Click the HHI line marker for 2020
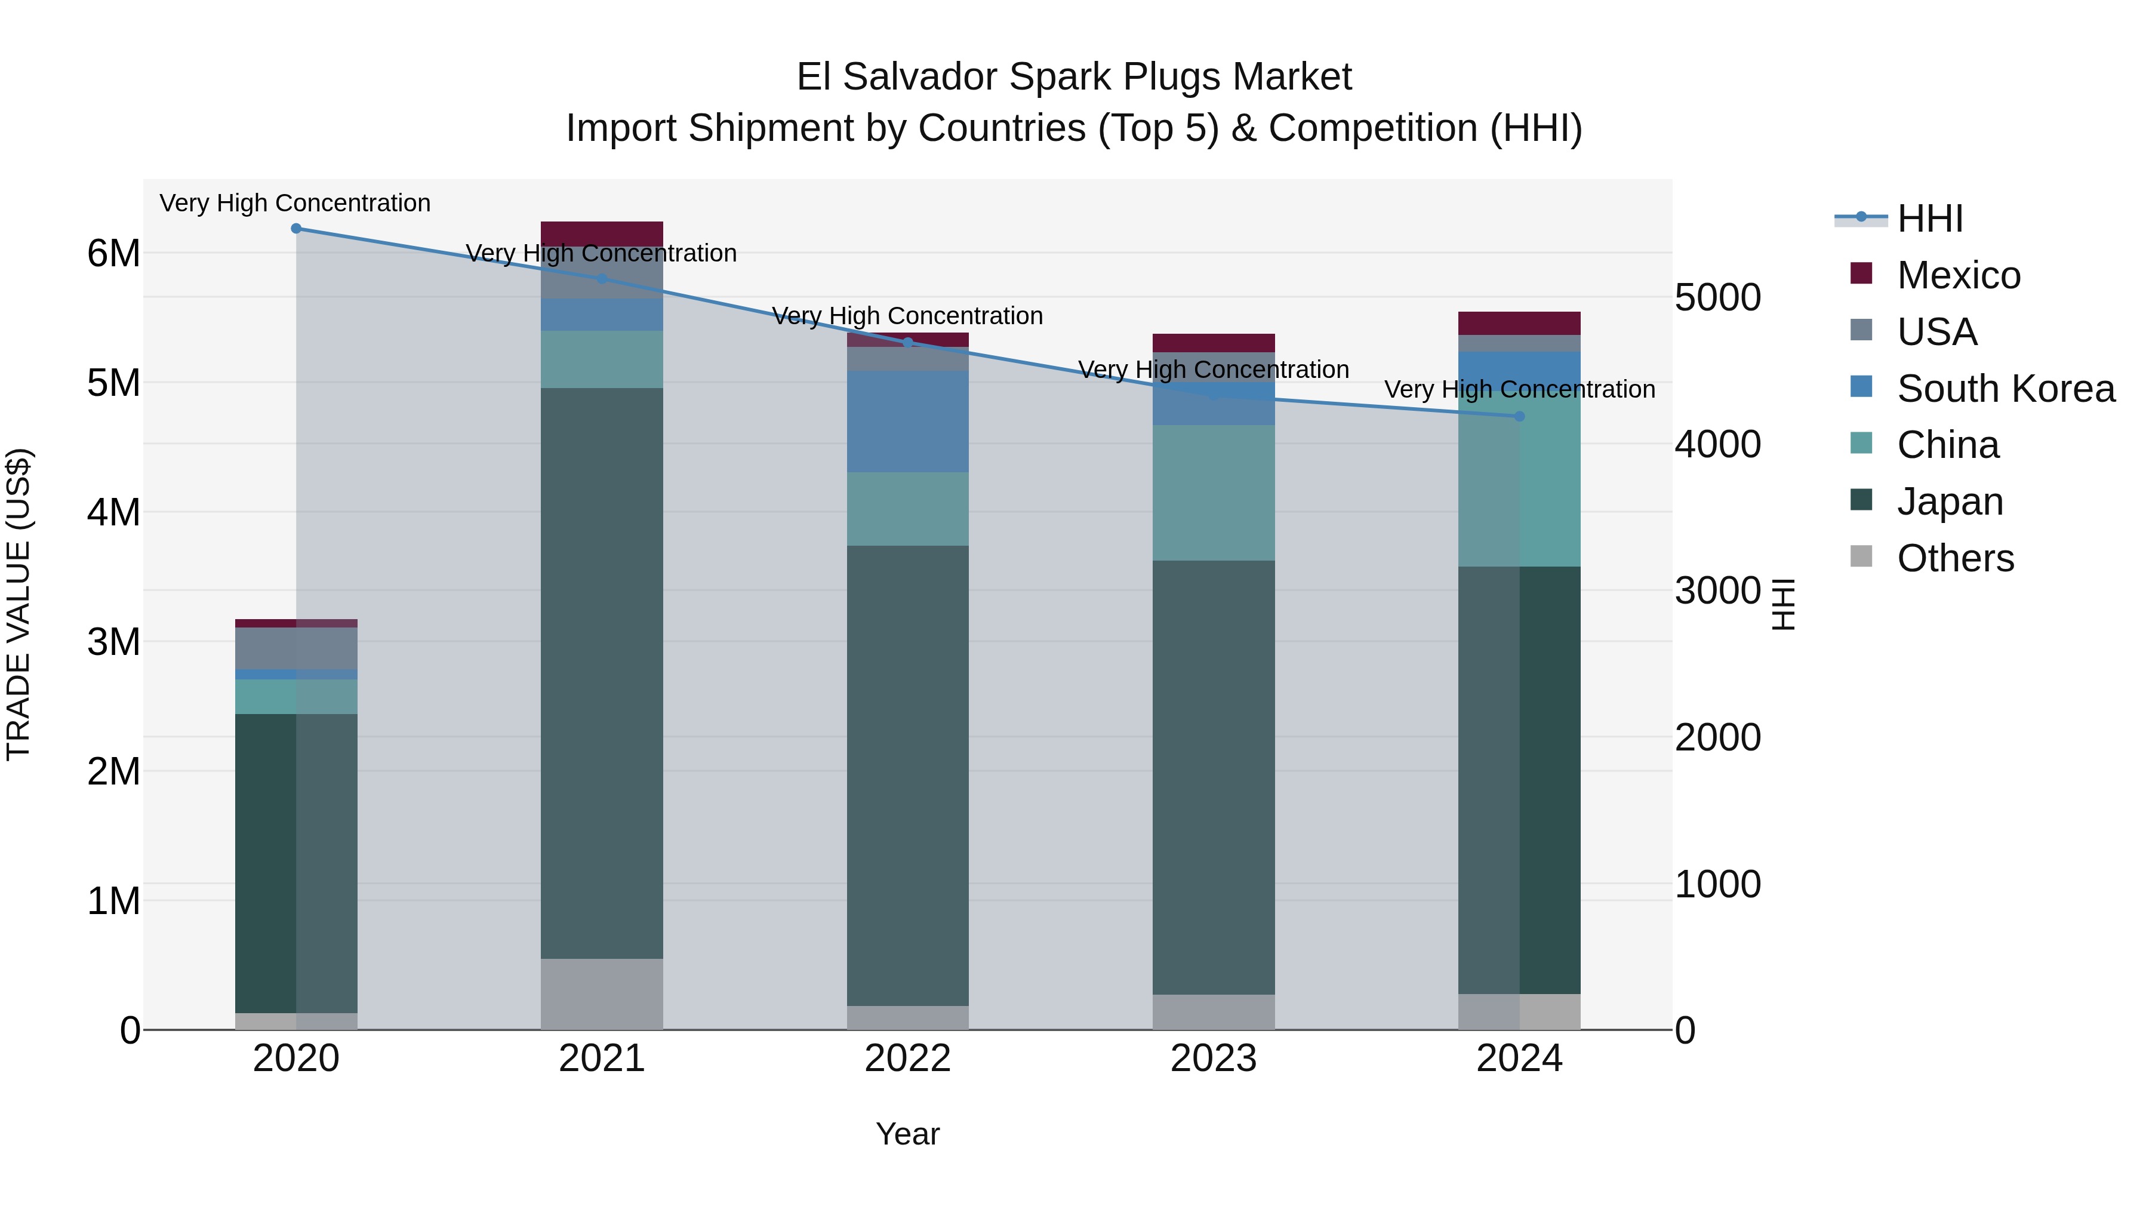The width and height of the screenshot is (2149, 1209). coord(296,229)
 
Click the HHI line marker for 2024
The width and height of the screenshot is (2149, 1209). coord(1519,416)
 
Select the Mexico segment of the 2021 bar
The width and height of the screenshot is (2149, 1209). coord(602,233)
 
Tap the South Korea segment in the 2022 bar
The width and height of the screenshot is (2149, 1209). coord(907,422)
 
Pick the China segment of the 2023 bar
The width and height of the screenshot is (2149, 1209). coord(1214,493)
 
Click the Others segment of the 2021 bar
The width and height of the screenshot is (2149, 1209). coord(602,993)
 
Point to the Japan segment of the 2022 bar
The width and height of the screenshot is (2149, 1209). coord(907,776)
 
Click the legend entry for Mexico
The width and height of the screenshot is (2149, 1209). coord(1958,275)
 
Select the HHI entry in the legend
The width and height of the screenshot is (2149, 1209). coord(1929,219)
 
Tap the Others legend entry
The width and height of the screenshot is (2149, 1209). coord(1954,558)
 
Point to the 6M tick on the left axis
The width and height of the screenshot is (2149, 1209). coord(113,253)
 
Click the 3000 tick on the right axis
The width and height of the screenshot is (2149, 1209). coord(1717,590)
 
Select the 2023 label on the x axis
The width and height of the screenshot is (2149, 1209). coord(1214,1059)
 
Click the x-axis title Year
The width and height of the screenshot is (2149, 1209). coord(907,1134)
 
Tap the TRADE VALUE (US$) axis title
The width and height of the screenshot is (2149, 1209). coord(19,604)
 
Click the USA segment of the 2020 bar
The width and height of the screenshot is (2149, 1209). coord(296,648)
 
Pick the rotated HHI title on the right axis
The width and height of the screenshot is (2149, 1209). coord(1782,604)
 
